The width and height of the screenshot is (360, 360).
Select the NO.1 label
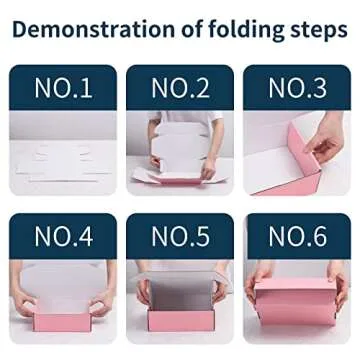(63, 88)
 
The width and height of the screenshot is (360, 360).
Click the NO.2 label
(180, 88)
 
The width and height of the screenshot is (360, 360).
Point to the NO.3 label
(297, 88)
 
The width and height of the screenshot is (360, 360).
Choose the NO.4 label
(63, 237)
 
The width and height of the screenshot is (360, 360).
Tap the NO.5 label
(180, 237)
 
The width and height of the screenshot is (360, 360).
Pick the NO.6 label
(297, 237)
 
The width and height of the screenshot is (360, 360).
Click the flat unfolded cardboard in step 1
(62, 161)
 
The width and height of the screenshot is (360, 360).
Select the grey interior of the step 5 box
(180, 295)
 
